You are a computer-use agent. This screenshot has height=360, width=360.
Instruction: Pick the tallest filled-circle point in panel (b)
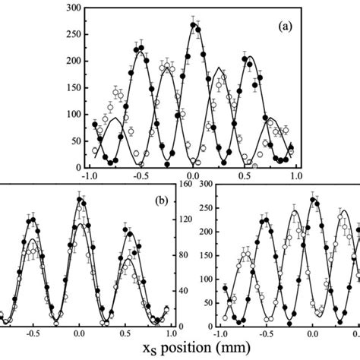(x=80, y=201)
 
